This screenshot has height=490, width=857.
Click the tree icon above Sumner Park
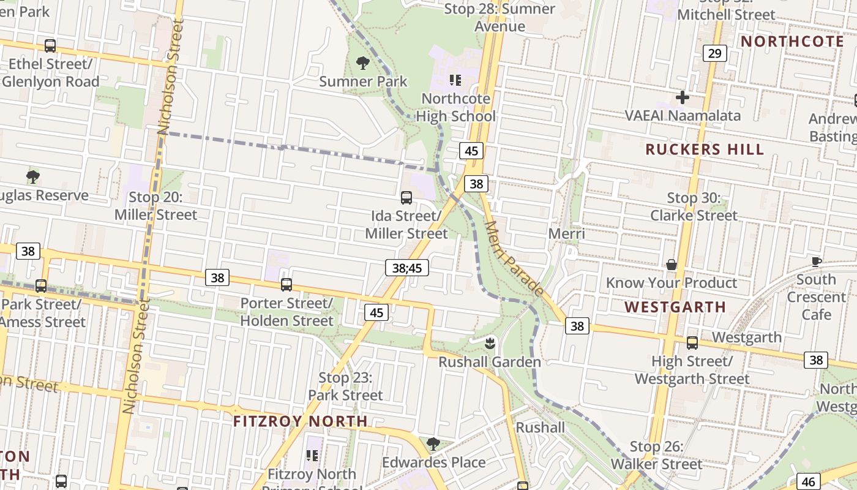click(x=363, y=62)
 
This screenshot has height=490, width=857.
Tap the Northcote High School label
click(x=456, y=107)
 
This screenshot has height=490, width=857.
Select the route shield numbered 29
click(x=714, y=53)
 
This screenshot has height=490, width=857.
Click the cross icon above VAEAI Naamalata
click(x=683, y=97)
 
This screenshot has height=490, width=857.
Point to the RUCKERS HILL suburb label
click(x=705, y=149)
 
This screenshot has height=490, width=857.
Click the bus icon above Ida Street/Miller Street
click(x=406, y=198)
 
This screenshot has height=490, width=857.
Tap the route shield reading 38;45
click(x=407, y=268)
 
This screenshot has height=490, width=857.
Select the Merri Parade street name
click(x=513, y=258)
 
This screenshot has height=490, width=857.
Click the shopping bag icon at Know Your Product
click(x=672, y=265)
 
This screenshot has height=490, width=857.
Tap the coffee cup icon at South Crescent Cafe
click(x=816, y=262)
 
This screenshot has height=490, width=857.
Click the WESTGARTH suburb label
click(x=675, y=307)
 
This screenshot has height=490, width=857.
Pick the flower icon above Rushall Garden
click(x=489, y=342)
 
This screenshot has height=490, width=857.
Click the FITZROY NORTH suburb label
click(x=301, y=421)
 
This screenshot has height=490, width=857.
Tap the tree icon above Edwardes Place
click(x=433, y=443)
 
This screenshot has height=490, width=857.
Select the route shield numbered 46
click(x=809, y=481)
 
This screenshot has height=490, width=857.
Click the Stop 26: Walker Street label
click(x=656, y=456)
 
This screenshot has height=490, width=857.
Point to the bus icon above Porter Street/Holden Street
click(x=286, y=285)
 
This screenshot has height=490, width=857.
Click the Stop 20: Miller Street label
click(x=155, y=206)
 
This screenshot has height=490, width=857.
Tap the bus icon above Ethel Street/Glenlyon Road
click(x=50, y=46)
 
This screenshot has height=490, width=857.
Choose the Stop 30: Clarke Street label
click(x=694, y=207)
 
